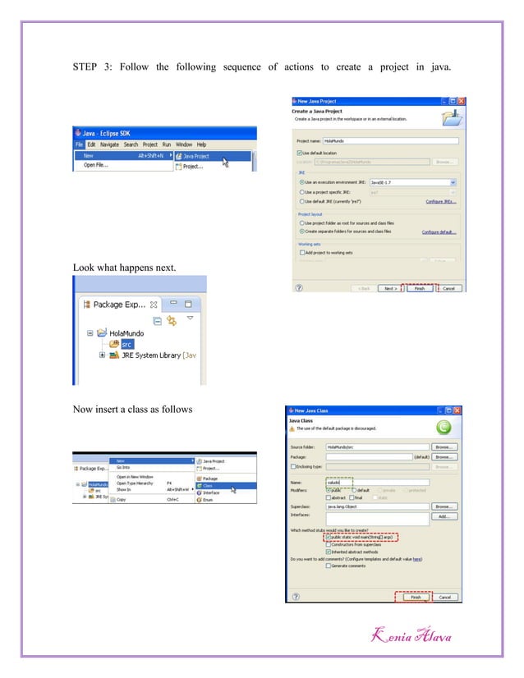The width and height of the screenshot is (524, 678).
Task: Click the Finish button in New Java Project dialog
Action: [419, 288]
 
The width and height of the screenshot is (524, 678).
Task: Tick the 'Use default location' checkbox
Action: [299, 152]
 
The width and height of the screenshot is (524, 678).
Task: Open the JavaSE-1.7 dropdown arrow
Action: [453, 182]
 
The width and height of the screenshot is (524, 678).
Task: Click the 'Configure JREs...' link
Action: [439, 201]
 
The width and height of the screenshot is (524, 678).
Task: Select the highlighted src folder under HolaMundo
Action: [127, 344]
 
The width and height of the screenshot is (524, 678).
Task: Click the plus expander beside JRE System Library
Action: [102, 355]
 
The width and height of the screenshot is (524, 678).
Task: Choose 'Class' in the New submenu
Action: [207, 485]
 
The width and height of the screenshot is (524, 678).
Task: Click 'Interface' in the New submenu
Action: [210, 492]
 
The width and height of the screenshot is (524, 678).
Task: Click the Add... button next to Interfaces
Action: [442, 516]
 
